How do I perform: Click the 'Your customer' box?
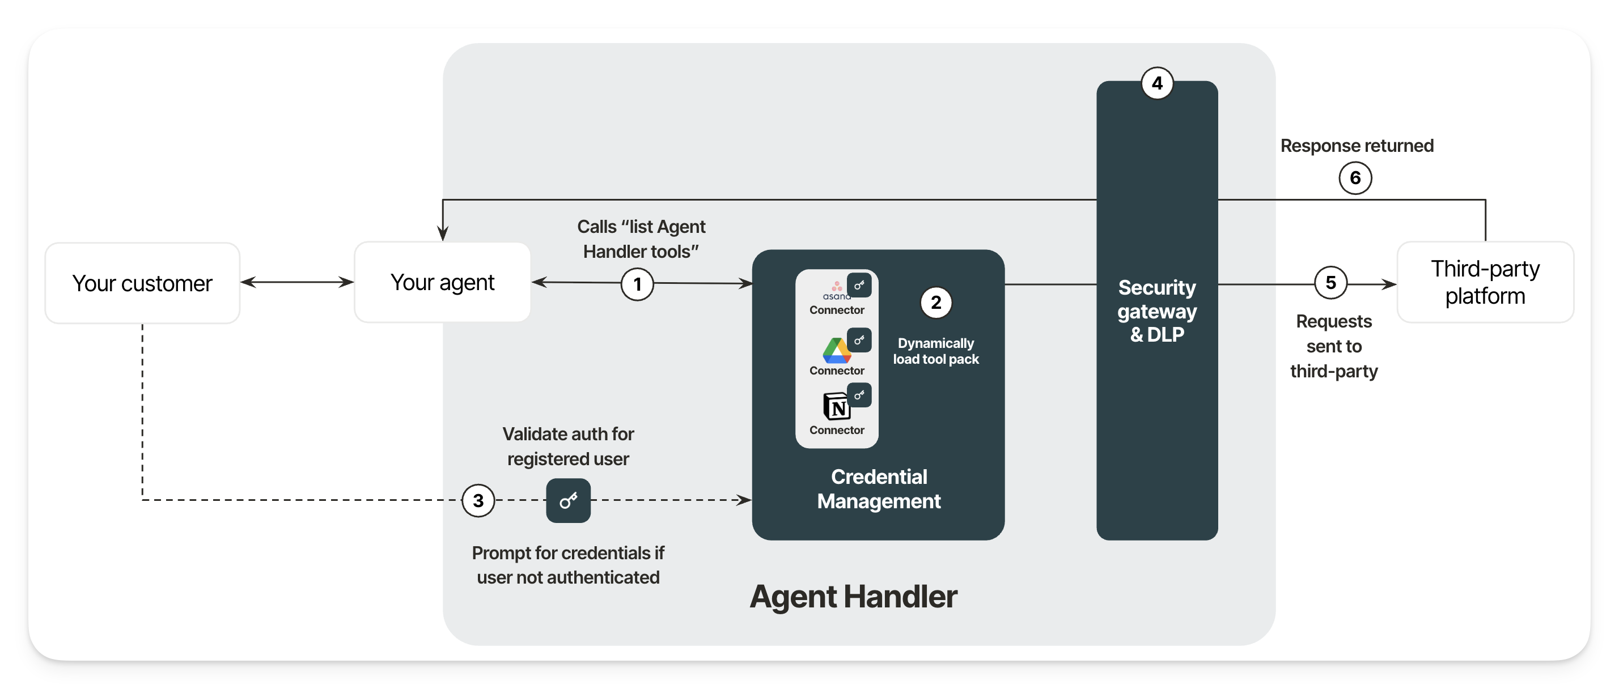143,283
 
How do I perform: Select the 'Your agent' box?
443,283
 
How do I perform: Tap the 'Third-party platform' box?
1485,283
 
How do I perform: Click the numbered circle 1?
637,284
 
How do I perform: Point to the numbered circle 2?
936,303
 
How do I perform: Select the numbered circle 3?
478,500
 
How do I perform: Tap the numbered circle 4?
1157,83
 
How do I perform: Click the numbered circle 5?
1330,283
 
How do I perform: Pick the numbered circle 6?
1355,178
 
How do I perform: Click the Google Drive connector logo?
837,351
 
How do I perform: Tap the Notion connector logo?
837,407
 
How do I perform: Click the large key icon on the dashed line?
568,500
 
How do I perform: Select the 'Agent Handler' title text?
854,597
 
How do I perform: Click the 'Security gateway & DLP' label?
1157,311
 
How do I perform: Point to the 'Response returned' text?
1357,146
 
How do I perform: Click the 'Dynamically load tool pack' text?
936,351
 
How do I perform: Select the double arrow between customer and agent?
297,283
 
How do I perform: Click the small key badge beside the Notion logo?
859,395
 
